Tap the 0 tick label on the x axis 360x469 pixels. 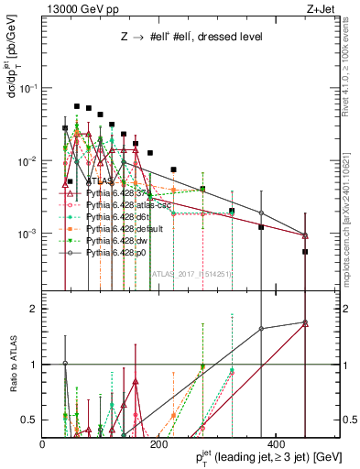click(x=43, y=444)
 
